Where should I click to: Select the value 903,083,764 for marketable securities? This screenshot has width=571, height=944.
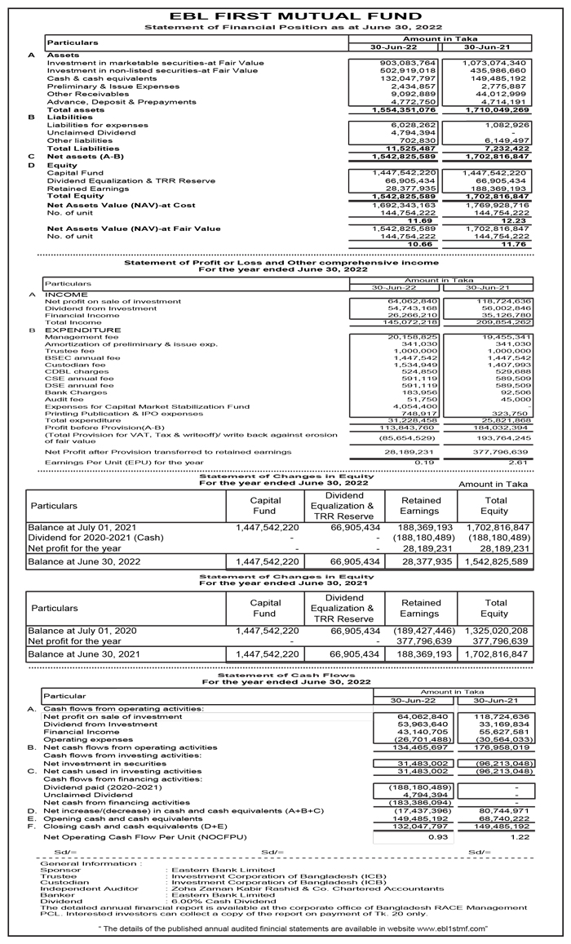(x=409, y=63)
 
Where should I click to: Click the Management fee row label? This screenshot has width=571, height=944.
(x=82, y=337)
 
